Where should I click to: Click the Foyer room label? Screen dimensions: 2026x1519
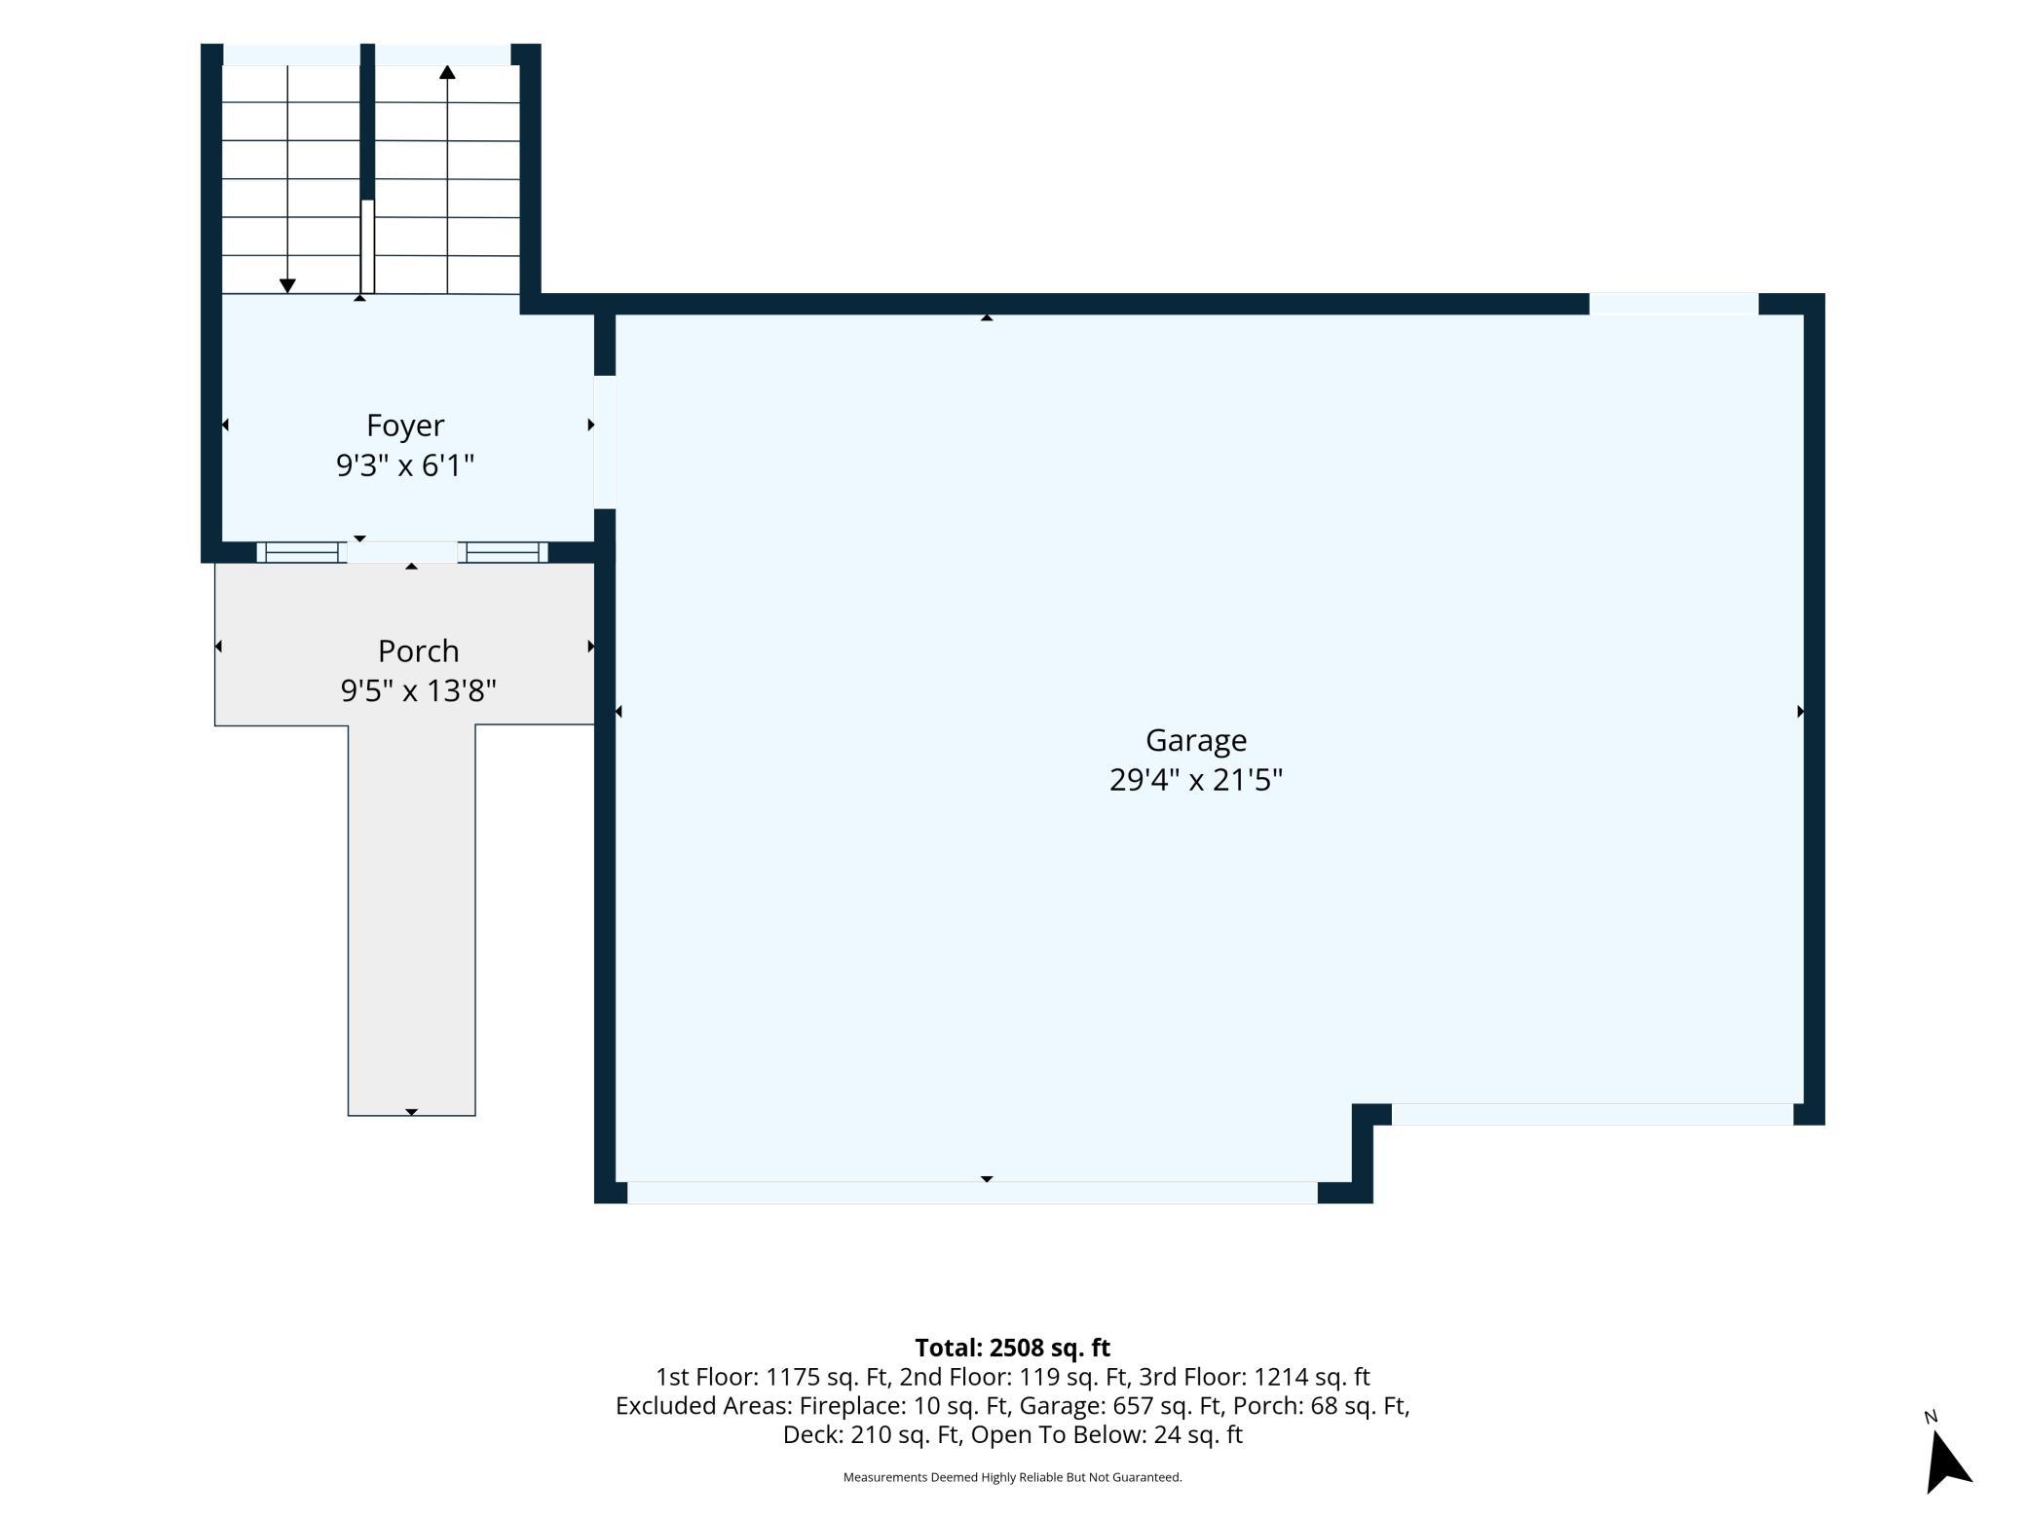405,426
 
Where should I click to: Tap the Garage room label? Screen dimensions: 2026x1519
1196,741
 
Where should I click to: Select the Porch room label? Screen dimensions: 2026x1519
419,650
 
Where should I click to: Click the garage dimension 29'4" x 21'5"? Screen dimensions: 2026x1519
1196,780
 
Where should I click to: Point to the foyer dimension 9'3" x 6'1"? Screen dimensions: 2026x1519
405,465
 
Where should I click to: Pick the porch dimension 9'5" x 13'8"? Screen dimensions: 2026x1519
419,690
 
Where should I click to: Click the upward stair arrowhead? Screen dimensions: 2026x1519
447,72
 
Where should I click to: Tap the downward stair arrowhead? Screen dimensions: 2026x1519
287,285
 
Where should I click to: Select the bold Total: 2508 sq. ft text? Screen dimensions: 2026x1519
1013,1348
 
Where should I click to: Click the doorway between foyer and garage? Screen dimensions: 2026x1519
605,442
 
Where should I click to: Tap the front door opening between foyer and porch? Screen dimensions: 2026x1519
402,552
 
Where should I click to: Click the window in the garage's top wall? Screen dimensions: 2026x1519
1674,304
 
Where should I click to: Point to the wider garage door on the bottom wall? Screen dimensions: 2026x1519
972,1193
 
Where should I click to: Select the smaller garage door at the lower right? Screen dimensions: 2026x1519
1593,1114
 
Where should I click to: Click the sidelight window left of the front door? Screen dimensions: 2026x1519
302,552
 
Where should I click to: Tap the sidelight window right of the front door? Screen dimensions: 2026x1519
503,552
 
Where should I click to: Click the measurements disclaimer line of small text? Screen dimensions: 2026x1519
1013,1477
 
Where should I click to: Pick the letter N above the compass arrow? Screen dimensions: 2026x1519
1931,1417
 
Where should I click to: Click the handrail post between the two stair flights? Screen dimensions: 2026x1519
367,246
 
